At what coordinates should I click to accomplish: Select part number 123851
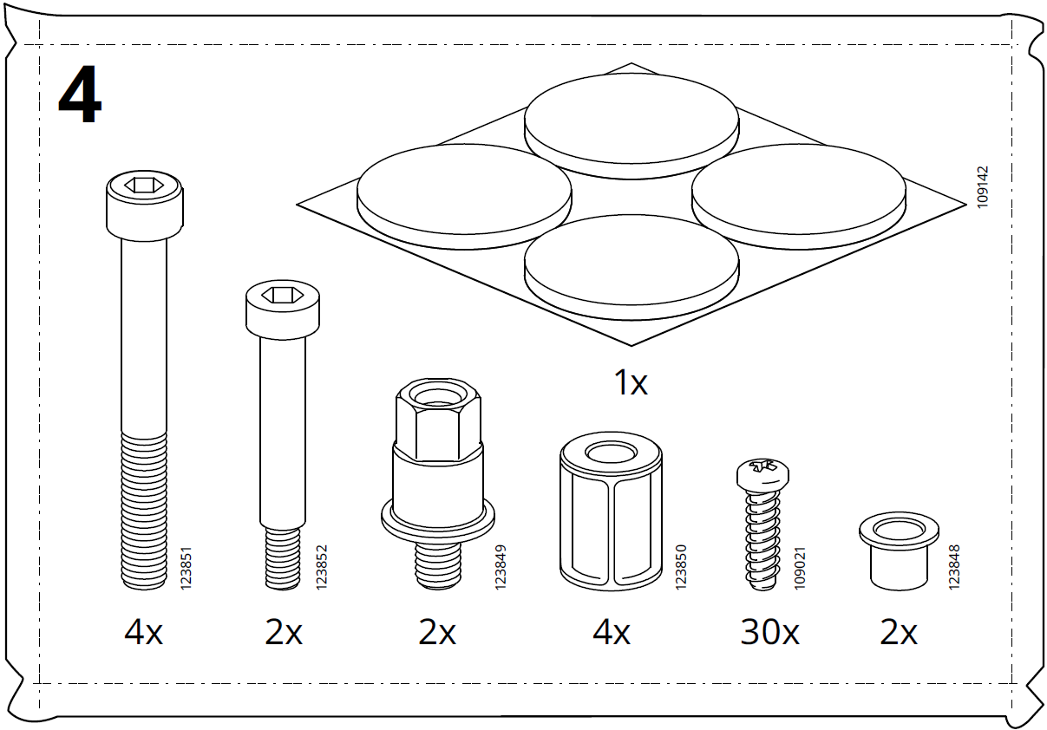tap(185, 568)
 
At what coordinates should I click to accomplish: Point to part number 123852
tap(321, 568)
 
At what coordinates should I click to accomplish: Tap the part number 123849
tap(501, 568)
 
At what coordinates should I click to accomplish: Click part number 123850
tap(681, 568)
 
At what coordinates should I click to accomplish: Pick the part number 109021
tap(800, 568)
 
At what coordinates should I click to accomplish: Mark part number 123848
tap(954, 568)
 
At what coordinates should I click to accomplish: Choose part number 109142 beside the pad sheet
tap(982, 186)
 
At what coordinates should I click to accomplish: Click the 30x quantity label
tap(769, 634)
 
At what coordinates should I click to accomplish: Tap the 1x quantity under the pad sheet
tap(631, 382)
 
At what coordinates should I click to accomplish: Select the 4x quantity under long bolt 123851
tap(143, 634)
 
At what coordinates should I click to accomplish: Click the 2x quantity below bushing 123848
tap(899, 634)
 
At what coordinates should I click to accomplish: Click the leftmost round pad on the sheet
tap(463, 192)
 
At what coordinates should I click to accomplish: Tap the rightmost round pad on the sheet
tap(799, 192)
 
